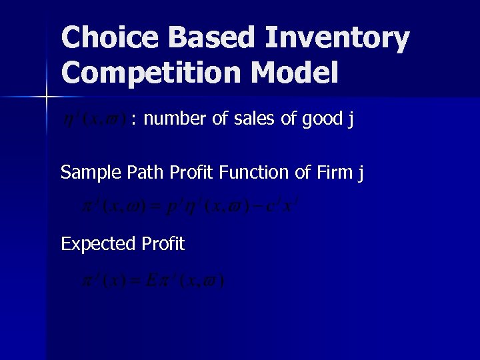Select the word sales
pos(243,119)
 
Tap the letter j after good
pos(351,121)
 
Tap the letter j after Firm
pos(361,174)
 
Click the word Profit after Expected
pos(163,244)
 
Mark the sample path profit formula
pos(189,208)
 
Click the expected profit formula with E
pos(153,280)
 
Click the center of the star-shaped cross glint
pos(46,98)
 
